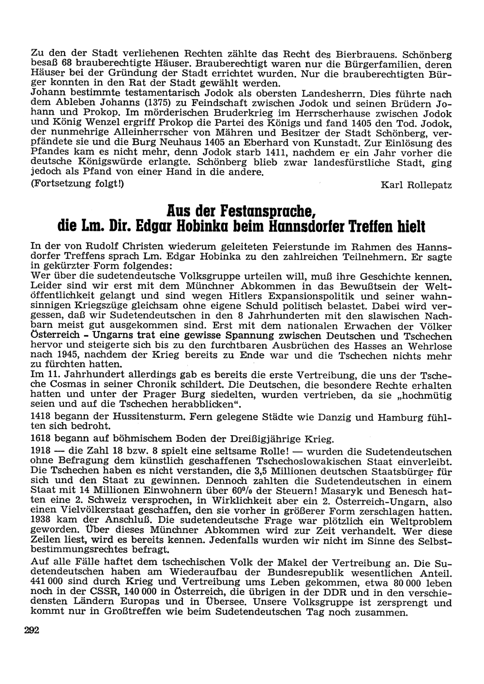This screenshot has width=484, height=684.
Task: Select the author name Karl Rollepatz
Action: click(x=417, y=185)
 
